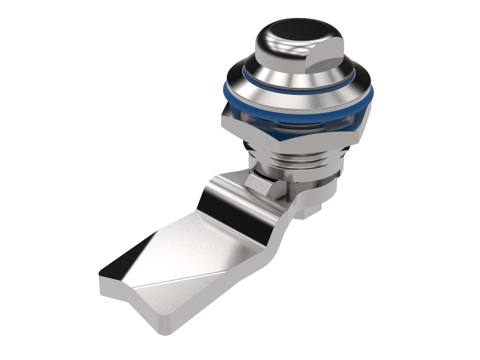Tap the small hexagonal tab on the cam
(257, 182)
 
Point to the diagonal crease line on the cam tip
(186, 276)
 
